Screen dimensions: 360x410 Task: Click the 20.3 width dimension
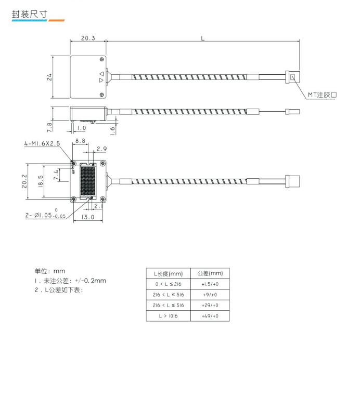(88, 38)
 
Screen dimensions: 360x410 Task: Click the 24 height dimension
(49, 77)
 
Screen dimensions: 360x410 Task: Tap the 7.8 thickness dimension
(49, 127)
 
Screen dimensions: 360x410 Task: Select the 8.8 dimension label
(80, 141)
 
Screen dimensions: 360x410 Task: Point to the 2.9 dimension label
(101, 149)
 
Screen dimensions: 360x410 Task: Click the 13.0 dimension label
(88, 217)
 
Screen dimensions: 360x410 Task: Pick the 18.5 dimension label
(41, 181)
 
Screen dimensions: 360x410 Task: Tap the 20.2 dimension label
(24, 181)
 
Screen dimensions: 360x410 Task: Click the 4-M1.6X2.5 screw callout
(42, 143)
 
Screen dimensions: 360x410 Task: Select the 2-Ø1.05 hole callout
(45, 215)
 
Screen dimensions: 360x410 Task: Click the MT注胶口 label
(322, 95)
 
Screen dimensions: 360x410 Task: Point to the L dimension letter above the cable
(203, 38)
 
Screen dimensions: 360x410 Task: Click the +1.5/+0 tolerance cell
(210, 284)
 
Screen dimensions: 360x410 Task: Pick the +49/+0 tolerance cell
(210, 316)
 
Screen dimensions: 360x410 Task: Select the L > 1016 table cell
(169, 316)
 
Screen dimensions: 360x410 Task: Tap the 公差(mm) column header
(210, 273)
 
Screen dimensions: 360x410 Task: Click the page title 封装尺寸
(29, 14)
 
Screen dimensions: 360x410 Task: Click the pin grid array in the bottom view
(87, 181)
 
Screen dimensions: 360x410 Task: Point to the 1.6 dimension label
(112, 130)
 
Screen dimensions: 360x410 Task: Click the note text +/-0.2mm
(91, 281)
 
